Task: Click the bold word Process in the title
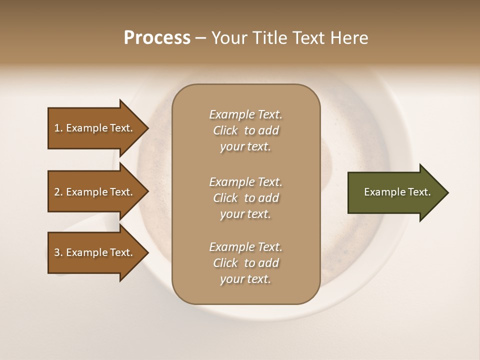pos(157,38)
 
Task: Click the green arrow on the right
pos(395,192)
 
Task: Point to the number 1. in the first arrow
pos(58,128)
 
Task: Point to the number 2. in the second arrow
pos(58,192)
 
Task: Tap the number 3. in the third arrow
pos(58,252)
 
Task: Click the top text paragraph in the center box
pos(245,130)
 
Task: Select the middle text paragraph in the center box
pos(245,198)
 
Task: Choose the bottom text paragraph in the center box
pos(245,263)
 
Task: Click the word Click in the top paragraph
pos(225,130)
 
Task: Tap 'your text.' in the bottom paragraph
pos(245,279)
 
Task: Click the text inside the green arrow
pos(397,192)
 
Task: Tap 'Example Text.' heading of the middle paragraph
pos(245,182)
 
